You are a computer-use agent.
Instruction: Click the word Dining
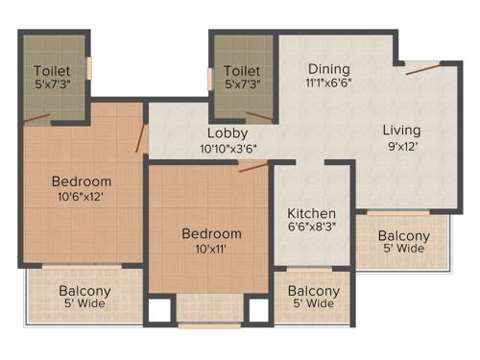click(x=328, y=69)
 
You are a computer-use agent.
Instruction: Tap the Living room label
click(x=401, y=130)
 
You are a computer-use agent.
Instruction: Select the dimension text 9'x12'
click(x=401, y=147)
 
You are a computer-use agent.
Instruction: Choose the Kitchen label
click(x=312, y=213)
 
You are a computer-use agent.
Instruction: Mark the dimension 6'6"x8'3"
click(x=312, y=228)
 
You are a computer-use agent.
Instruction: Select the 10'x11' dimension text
click(x=211, y=249)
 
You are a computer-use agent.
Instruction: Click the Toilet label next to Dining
click(x=242, y=70)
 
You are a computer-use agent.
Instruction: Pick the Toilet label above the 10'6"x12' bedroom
click(x=53, y=70)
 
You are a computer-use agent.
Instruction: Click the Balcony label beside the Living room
click(x=403, y=236)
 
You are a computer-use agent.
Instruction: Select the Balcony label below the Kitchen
click(x=313, y=292)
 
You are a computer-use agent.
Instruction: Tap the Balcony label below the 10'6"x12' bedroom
click(x=84, y=292)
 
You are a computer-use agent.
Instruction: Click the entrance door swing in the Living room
click(x=422, y=67)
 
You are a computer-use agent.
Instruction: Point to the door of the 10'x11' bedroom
click(x=252, y=167)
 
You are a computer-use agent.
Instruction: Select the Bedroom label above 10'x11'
click(x=211, y=233)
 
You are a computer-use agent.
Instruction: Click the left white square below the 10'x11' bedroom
click(x=158, y=311)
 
